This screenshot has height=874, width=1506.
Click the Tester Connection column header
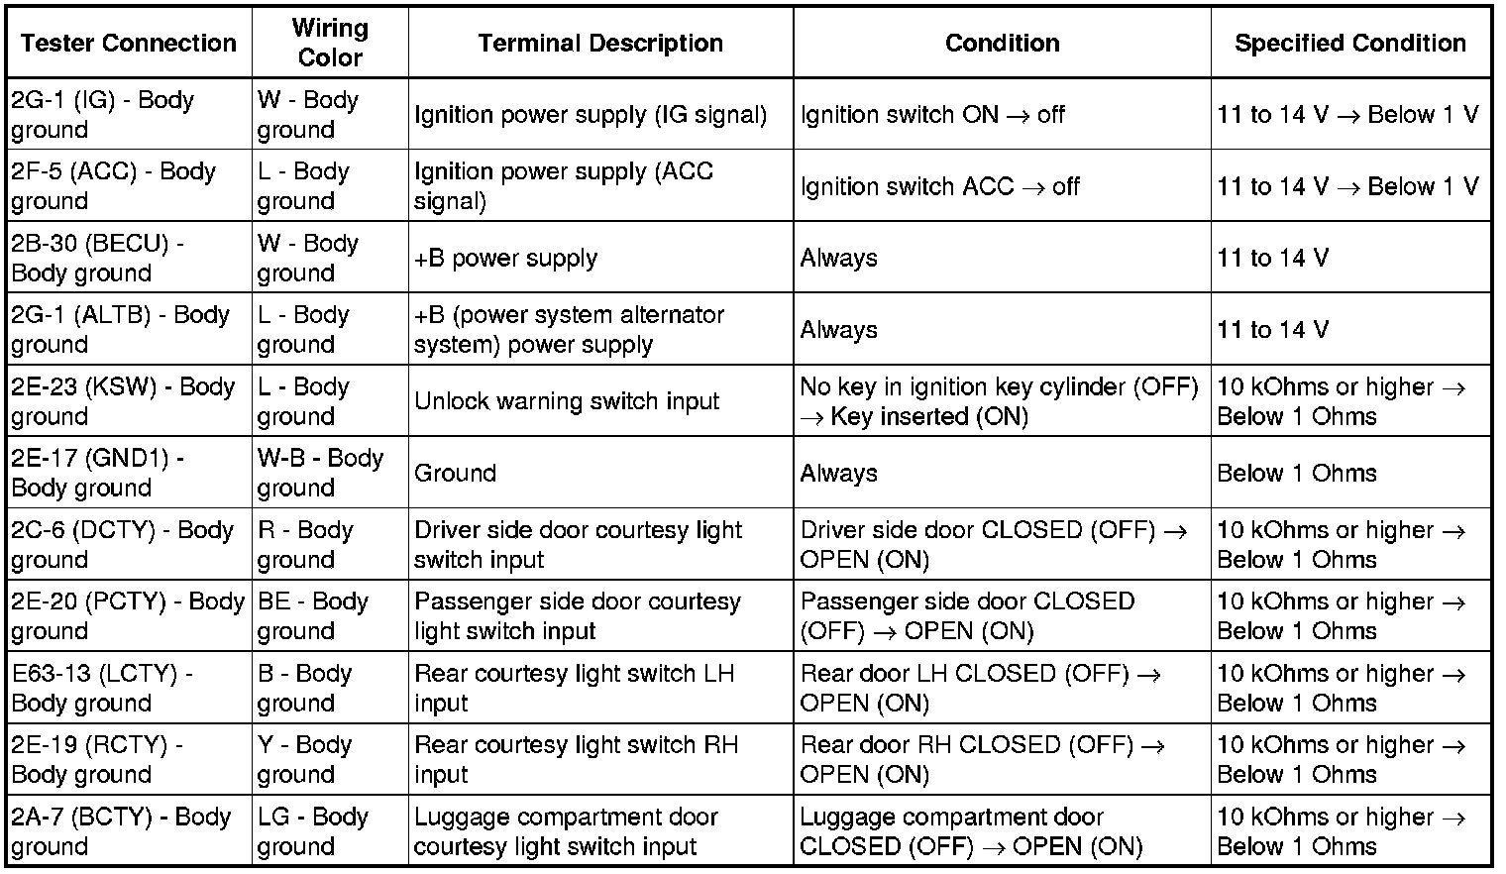point(129,44)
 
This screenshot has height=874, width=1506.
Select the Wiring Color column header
point(330,44)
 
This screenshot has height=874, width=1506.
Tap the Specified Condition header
point(1349,44)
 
